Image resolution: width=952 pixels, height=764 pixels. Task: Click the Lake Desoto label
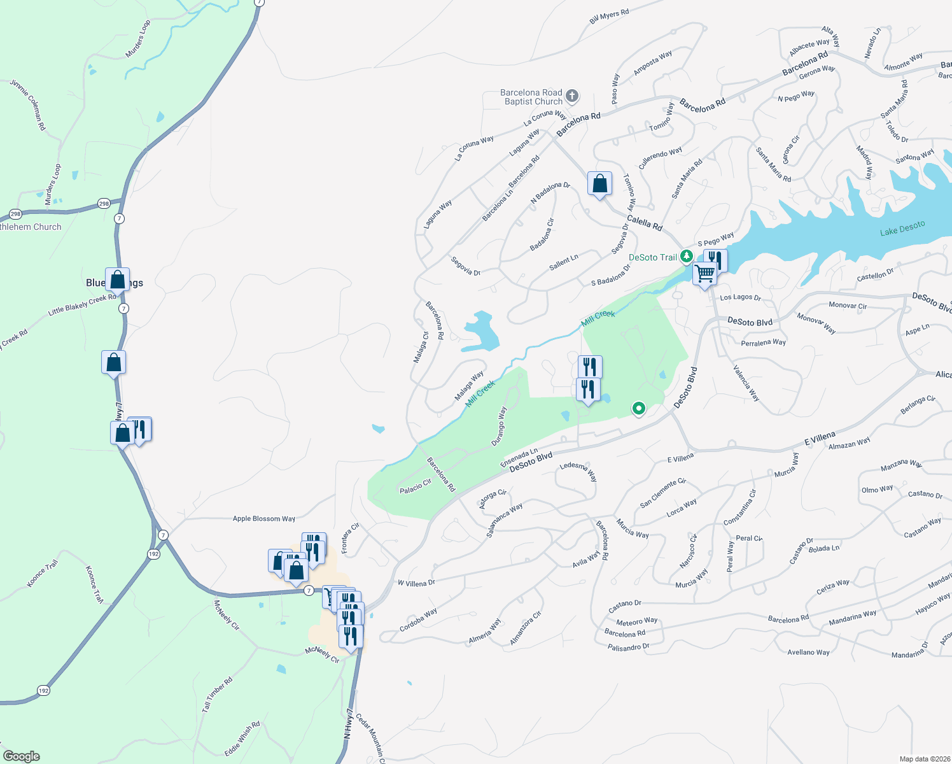click(902, 229)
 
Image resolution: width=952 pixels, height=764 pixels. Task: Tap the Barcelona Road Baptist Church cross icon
click(571, 96)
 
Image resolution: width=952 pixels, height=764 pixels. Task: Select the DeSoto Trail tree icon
click(686, 257)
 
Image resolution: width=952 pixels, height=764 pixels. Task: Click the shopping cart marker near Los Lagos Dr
click(704, 274)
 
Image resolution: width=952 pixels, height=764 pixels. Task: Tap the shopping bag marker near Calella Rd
click(599, 184)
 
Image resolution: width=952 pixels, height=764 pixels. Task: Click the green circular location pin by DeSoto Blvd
click(638, 408)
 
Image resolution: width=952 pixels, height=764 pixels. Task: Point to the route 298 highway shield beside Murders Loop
click(104, 204)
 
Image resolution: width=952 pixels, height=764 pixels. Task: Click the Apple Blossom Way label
click(264, 518)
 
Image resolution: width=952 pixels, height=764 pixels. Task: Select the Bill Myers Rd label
click(609, 17)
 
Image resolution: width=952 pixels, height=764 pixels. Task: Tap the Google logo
click(22, 756)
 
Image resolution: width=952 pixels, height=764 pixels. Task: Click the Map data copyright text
click(923, 759)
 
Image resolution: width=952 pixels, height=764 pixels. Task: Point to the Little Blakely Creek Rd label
click(82, 305)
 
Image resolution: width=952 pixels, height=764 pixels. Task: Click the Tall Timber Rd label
click(217, 695)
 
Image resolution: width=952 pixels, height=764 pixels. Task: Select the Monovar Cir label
click(848, 306)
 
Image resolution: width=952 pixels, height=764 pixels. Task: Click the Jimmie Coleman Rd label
click(29, 105)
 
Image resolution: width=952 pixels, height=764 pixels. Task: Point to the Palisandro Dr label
click(628, 647)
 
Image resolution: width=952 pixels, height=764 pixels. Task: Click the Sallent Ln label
click(564, 262)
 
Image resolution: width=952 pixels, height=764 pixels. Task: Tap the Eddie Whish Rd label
click(242, 739)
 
